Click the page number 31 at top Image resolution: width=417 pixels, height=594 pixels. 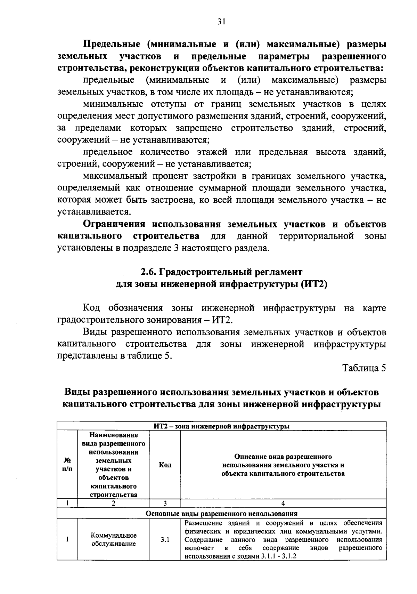click(x=221, y=22)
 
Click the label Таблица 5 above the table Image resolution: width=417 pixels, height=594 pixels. click(x=364, y=368)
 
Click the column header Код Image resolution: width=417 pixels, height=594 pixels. click(x=165, y=465)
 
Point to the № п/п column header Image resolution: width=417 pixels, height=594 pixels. click(x=67, y=465)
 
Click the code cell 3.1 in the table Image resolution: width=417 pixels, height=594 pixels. click(x=165, y=540)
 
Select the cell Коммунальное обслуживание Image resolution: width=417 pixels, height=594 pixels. click(x=114, y=540)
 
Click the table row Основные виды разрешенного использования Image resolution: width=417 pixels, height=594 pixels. click(x=221, y=514)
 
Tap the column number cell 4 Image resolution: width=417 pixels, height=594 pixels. click(x=283, y=503)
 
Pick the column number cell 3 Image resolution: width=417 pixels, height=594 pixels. click(x=165, y=503)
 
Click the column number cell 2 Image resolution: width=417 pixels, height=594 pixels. click(x=113, y=503)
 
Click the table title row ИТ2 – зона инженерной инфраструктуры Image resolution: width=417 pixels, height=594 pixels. click(x=221, y=426)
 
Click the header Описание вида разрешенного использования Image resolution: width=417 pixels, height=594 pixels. click(x=283, y=465)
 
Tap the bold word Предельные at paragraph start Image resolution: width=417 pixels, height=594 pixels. click(x=111, y=45)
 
